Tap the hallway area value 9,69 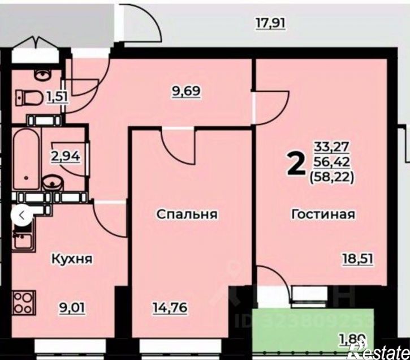[187, 91]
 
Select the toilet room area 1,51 [58, 95]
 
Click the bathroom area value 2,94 [66, 156]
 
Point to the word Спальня [187, 215]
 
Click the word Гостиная [323, 214]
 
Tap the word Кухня [72, 259]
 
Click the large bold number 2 [295, 164]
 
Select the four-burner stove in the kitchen [24, 303]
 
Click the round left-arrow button [21, 216]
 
